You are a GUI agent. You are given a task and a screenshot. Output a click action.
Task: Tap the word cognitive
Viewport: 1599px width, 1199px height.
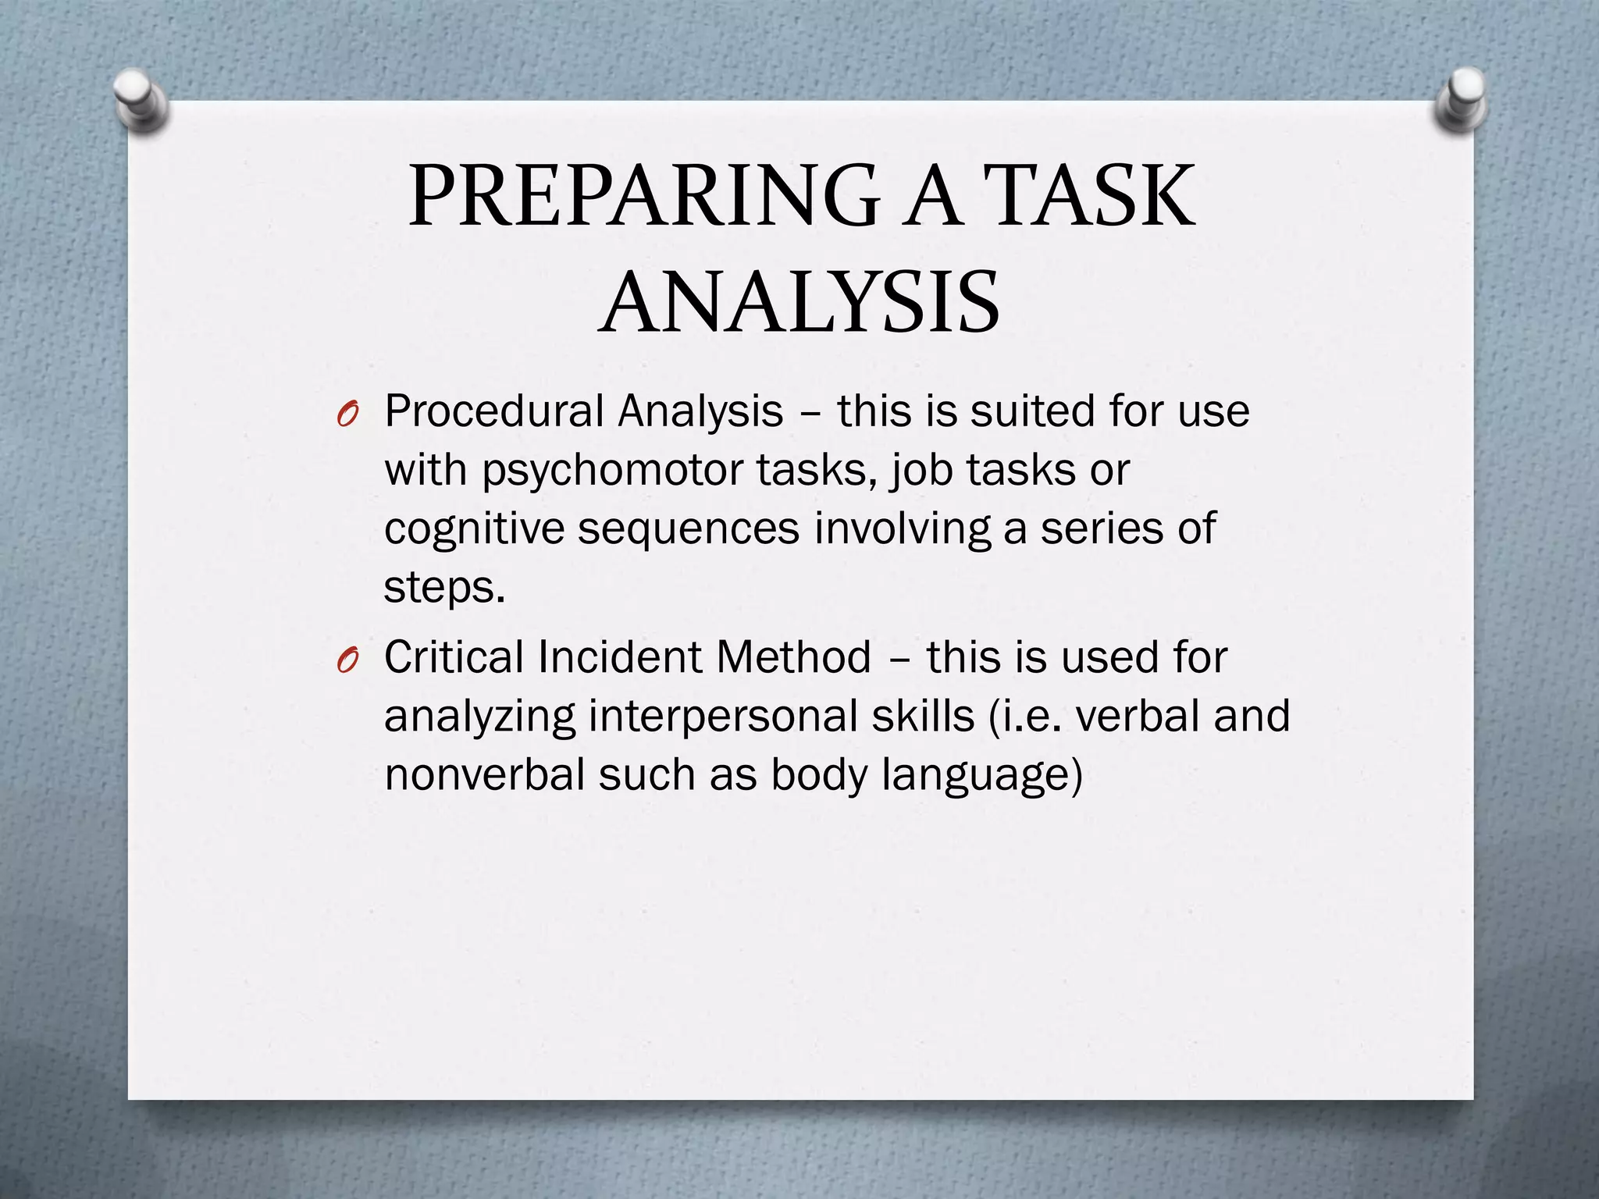474,530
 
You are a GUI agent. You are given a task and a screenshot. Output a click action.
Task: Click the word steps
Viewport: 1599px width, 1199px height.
444,588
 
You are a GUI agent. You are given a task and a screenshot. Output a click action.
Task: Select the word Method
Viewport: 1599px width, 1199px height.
793,657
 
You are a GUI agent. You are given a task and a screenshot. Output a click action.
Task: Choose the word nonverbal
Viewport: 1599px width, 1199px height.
484,775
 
